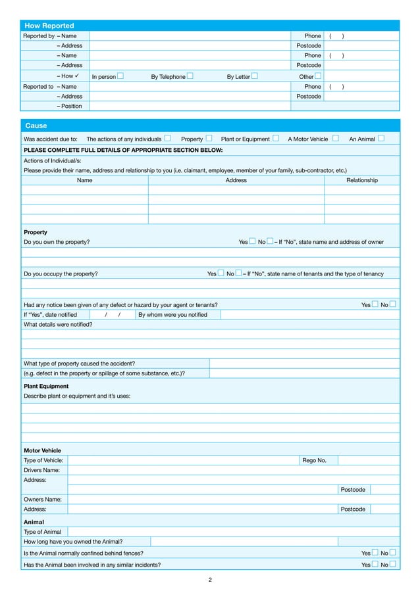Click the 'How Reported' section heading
pos(49,26)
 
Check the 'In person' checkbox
pos(120,76)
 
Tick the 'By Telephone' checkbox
pos(190,76)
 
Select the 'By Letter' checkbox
pos(254,76)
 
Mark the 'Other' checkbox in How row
pos(318,76)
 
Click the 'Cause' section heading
pos(36,126)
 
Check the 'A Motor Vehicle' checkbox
pos(335,139)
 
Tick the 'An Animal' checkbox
pos(381,139)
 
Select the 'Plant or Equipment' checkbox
pos(275,139)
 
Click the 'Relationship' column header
pos(361,180)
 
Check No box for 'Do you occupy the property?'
pos(238,273)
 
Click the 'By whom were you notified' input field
pos(309,315)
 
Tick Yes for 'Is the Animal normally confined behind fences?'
pos(375,554)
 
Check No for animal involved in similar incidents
pos(393,565)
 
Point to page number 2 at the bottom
pos(210,580)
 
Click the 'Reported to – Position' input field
pos(244,106)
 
